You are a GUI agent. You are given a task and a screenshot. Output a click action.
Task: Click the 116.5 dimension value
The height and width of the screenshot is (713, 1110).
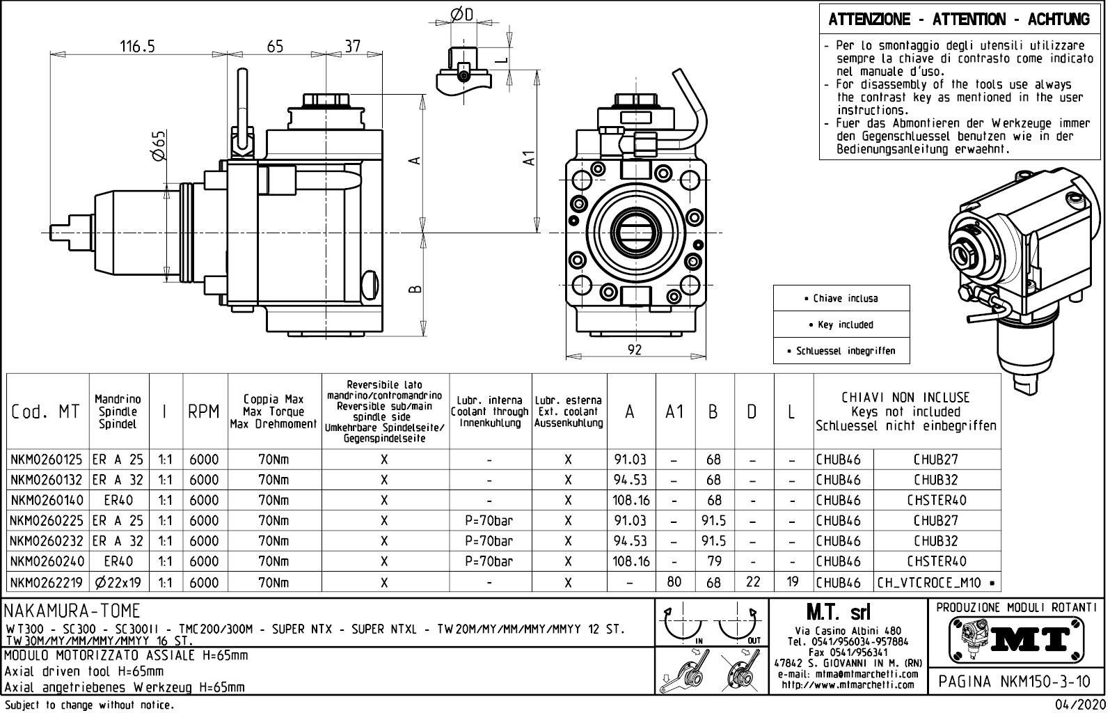[x=137, y=46]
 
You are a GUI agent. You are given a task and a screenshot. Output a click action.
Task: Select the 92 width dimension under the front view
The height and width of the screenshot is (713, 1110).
[x=634, y=350]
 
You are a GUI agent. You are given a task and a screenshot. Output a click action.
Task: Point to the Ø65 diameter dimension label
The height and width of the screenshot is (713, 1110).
[x=159, y=146]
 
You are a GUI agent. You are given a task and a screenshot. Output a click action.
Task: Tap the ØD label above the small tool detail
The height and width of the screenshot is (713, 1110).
[x=461, y=14]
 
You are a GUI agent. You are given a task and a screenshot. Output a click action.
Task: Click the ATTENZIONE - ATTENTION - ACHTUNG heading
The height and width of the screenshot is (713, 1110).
[x=959, y=19]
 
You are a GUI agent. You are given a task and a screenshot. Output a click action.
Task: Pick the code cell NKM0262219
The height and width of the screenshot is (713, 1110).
[x=47, y=582]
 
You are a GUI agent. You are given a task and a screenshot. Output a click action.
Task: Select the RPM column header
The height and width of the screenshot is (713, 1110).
[x=204, y=412]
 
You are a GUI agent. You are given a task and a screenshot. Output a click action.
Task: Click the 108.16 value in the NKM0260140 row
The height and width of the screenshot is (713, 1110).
[x=631, y=500]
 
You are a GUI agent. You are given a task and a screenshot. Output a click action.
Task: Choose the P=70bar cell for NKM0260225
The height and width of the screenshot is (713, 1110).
[x=490, y=520]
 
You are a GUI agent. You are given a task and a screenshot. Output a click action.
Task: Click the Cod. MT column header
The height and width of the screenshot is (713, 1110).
[x=46, y=412]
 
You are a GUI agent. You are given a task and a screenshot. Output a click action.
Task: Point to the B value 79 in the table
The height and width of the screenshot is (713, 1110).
[x=713, y=561]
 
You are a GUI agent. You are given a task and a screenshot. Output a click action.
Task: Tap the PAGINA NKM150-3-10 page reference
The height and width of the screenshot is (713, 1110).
[x=1015, y=682]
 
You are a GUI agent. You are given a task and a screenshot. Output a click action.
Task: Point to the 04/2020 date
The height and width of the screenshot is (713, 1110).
[x=1081, y=705]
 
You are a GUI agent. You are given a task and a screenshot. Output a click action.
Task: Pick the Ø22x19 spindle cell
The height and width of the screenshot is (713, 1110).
[x=118, y=582]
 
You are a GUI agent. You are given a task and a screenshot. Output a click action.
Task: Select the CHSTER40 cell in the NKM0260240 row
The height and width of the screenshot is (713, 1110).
[x=937, y=561]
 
